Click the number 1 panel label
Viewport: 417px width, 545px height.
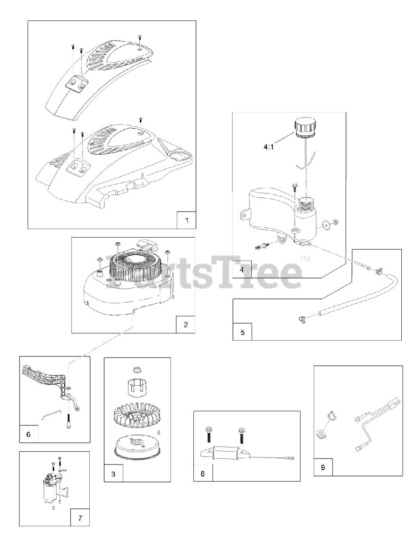(187, 221)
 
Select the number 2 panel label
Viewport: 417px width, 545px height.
(186, 325)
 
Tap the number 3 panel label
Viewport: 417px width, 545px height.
(113, 474)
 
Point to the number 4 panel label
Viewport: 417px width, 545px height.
(242, 270)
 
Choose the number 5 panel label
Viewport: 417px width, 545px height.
(242, 333)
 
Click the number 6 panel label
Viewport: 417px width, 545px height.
(28, 434)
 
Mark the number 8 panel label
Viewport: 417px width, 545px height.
(203, 473)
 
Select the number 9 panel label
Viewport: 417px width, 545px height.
(323, 468)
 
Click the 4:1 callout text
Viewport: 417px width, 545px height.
(269, 147)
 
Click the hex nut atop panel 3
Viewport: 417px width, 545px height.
(137, 370)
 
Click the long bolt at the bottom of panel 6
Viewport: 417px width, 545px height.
(68, 423)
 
